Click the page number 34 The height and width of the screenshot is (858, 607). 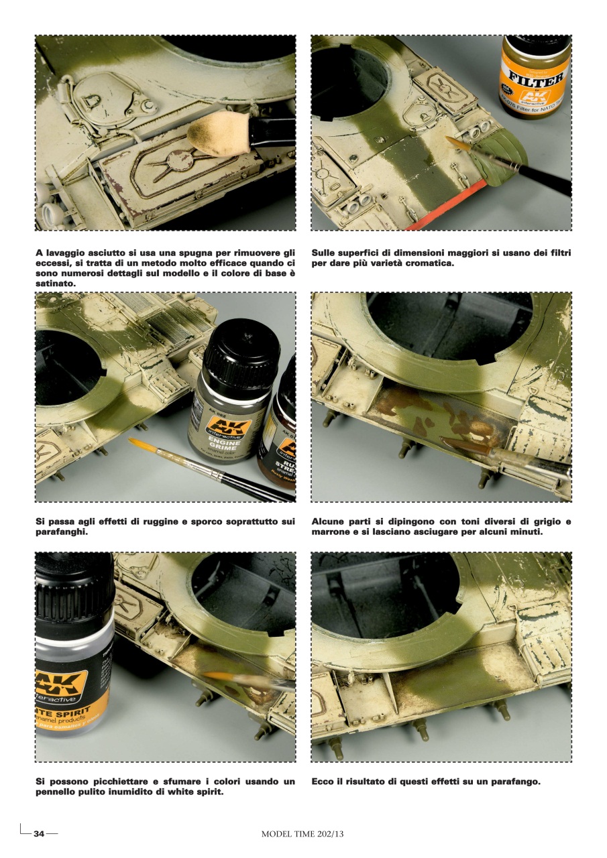39,834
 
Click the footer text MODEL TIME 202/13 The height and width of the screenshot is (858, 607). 302,834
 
